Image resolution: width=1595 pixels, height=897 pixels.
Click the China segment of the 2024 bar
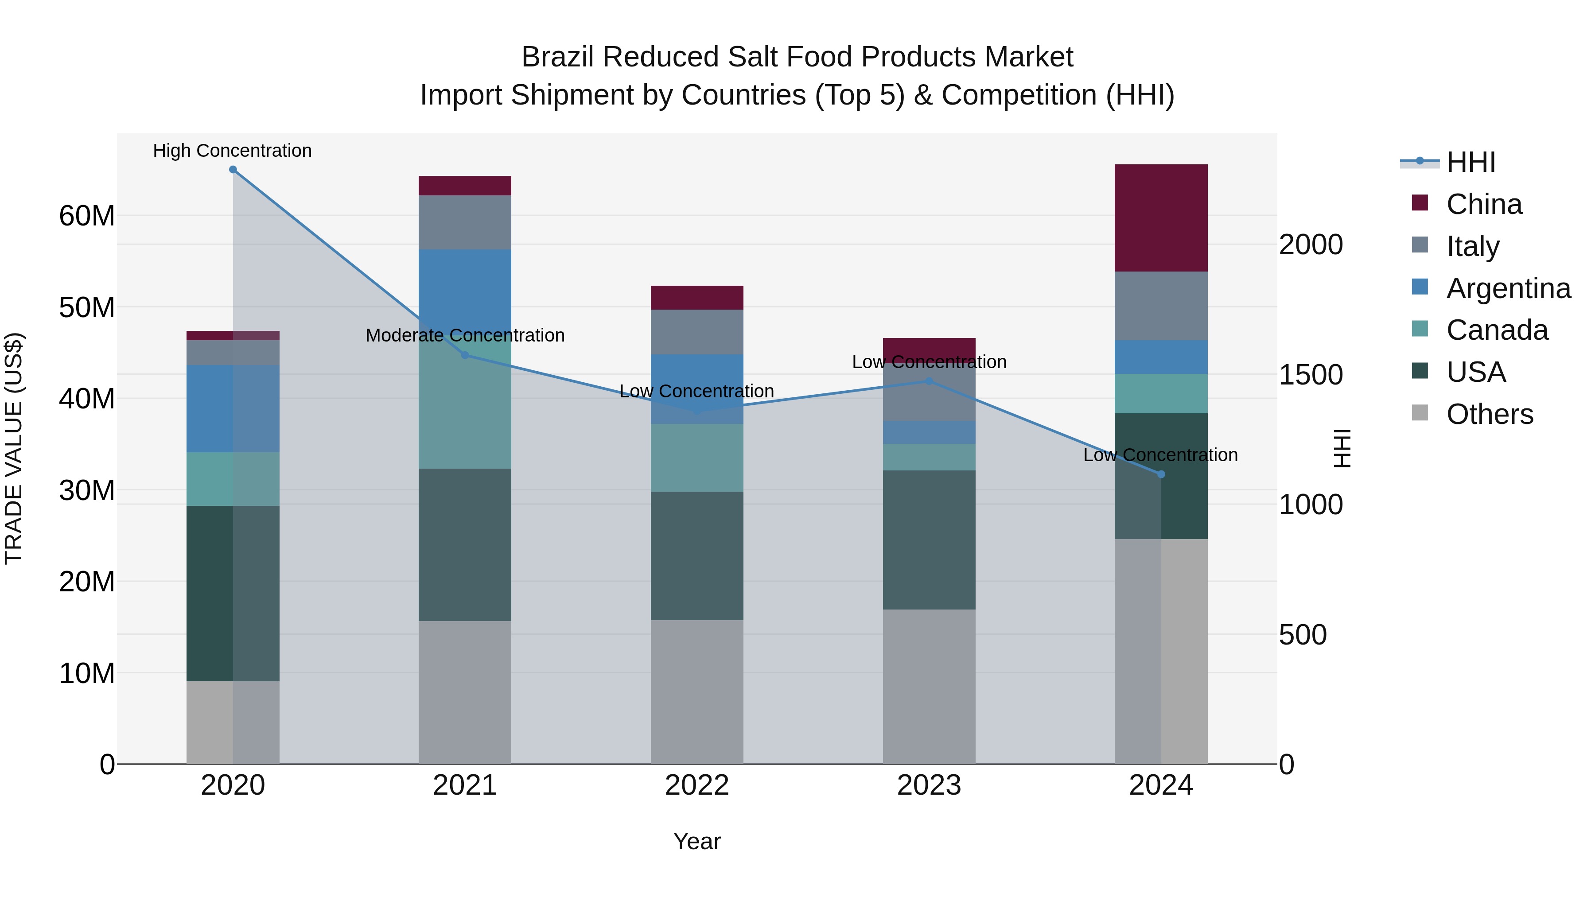(1160, 217)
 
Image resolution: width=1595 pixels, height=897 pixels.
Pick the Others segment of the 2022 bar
(696, 691)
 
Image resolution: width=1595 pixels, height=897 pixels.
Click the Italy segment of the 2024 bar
(1160, 305)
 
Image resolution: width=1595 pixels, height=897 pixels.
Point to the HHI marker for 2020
(233, 170)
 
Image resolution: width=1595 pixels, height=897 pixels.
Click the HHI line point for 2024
(1161, 474)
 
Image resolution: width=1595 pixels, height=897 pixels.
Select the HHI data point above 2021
(465, 355)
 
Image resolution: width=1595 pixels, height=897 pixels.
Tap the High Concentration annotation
(232, 151)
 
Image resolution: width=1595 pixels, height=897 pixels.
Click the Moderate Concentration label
(465, 335)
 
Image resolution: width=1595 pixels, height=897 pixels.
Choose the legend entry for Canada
(1497, 330)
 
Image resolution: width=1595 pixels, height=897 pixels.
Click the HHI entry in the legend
(1471, 162)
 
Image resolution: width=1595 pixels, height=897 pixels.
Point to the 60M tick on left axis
(87, 216)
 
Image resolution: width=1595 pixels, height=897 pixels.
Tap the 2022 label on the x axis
(696, 785)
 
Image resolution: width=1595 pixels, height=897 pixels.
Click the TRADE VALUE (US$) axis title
(14, 448)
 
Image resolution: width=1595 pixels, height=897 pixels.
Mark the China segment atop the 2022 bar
(696, 298)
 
